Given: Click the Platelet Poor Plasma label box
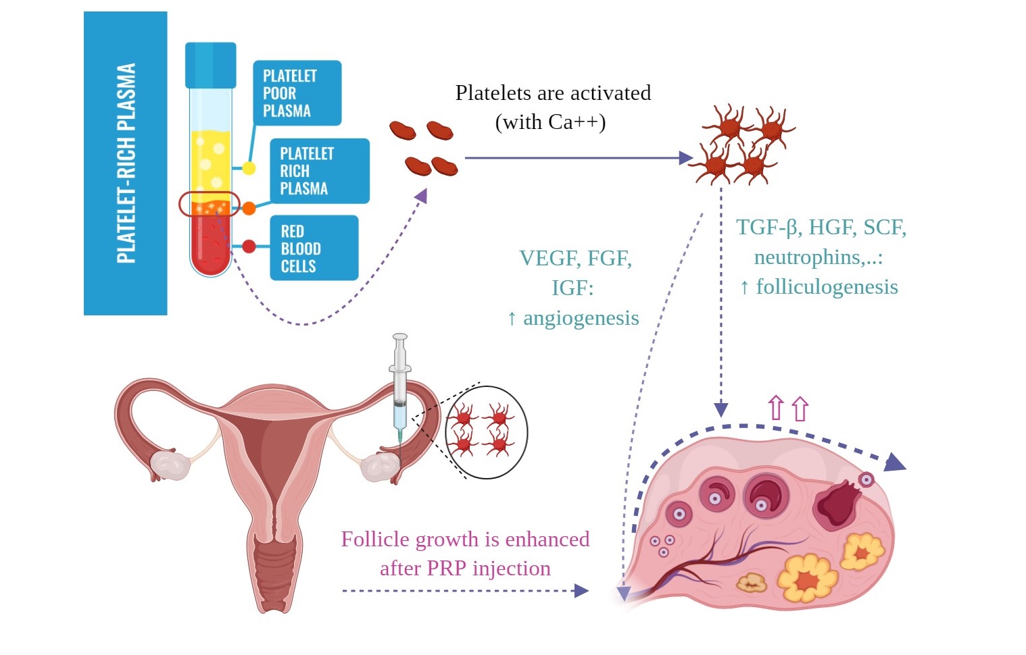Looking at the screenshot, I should (x=297, y=93).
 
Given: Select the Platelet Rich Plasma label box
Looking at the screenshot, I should (x=319, y=171).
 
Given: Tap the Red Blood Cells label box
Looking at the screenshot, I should (x=313, y=248).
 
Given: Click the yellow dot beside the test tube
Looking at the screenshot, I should (x=249, y=167).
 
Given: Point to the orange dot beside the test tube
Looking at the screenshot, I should (x=249, y=208).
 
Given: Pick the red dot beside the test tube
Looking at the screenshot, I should (x=249, y=246).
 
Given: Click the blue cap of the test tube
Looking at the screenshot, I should (x=211, y=65).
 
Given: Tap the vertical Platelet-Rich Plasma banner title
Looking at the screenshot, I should (x=126, y=163).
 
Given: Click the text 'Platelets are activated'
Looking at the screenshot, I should (x=553, y=93).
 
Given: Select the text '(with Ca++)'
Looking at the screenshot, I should (x=550, y=122).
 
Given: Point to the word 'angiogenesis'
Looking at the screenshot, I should (x=581, y=318).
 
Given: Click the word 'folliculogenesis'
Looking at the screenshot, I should (x=827, y=287).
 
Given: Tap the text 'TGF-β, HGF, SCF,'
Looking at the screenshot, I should (x=821, y=228).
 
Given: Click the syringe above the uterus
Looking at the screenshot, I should (x=399, y=385).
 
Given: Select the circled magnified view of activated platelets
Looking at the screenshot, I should (x=486, y=432).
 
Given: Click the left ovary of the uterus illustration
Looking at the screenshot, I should (x=170, y=465).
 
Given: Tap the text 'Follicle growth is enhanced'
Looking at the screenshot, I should (x=465, y=540).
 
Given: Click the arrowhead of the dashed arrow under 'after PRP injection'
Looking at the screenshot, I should (x=581, y=591).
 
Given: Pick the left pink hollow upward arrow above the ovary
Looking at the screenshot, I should (x=776, y=407).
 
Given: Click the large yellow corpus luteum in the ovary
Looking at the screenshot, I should (x=807, y=578).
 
